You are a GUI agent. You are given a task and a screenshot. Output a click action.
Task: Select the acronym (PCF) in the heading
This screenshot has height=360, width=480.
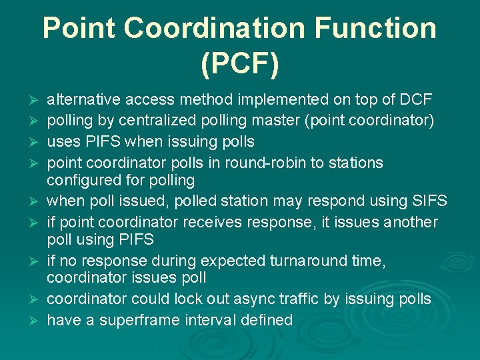click(240, 65)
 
